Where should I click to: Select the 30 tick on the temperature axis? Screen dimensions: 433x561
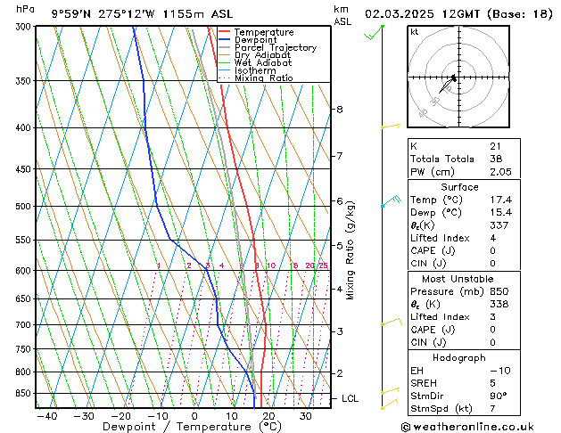(306, 416)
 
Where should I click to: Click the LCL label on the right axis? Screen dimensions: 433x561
(351, 398)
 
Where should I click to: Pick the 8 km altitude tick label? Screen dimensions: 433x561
(339, 110)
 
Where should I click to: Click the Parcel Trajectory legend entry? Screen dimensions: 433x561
(275, 48)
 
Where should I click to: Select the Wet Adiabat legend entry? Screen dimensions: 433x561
(262, 63)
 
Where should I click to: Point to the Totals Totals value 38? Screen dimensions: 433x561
(495, 159)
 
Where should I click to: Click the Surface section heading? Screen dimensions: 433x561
(459, 187)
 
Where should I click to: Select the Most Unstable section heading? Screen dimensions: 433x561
(459, 279)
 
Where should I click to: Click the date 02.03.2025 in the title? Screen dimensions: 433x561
(401, 13)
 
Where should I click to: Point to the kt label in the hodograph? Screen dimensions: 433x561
(415, 32)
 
